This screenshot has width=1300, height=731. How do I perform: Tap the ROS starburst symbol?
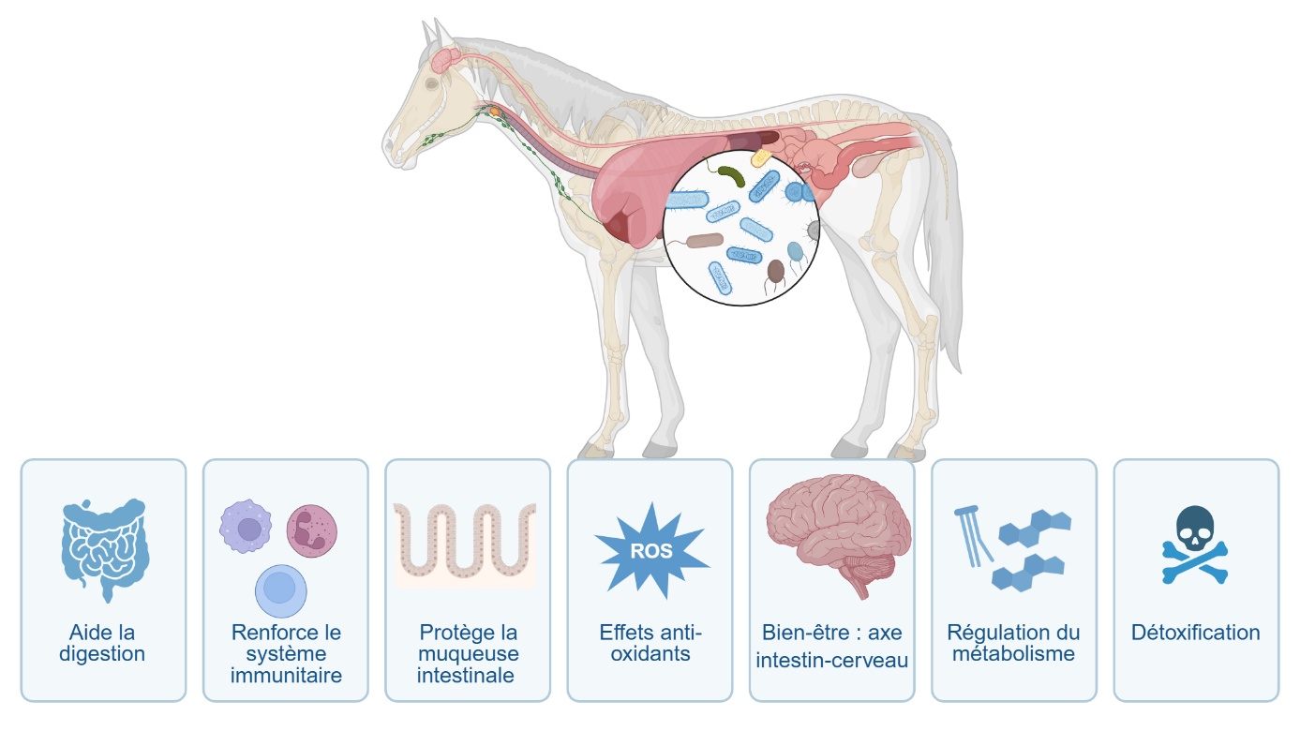651,550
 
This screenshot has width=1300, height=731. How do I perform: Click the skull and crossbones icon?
1195,545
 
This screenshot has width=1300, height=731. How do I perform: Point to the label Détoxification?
1195,633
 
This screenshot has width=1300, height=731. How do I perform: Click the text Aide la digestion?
102,643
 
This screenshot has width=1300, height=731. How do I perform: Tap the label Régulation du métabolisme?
1013,643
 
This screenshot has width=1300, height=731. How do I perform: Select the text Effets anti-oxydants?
650,643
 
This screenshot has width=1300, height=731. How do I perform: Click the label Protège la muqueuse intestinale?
468,653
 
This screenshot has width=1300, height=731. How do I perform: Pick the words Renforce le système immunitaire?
286,653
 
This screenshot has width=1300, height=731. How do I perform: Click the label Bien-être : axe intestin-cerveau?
831,647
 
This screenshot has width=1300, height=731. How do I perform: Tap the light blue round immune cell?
281,589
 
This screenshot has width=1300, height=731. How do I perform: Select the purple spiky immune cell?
246,528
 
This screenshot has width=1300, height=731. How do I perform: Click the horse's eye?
431,83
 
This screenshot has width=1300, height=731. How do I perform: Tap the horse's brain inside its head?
445,60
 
